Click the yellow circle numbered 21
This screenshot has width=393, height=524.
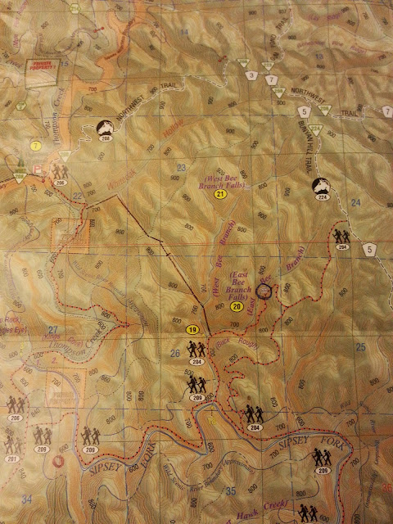[x=220, y=195]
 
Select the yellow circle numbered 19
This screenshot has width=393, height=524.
[x=193, y=329]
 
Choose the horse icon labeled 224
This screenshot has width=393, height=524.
[x=323, y=189]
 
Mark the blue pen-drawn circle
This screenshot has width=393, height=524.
[x=263, y=290]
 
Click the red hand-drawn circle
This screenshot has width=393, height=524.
[x=59, y=461]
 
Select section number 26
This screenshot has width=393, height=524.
[x=174, y=353]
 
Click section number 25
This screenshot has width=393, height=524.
[x=360, y=346]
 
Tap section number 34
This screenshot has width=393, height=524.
[x=27, y=498]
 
